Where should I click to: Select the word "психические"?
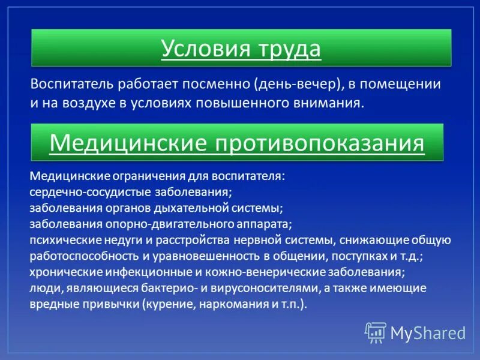pyautogui.click(x=59, y=241)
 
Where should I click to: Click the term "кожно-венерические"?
pyautogui.click(x=263, y=272)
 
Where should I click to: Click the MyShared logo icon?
pyautogui.click(x=376, y=332)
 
